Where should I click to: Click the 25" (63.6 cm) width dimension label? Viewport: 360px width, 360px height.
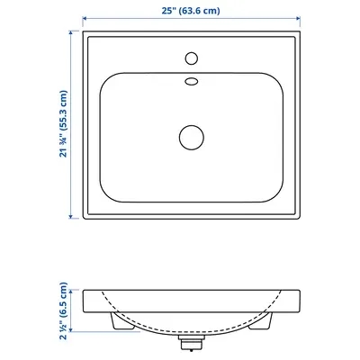(191, 11)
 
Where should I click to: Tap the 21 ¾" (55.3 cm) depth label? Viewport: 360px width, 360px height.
(64, 123)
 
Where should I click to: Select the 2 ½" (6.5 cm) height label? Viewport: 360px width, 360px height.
(64, 310)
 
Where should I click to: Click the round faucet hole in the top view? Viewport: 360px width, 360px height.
(192, 58)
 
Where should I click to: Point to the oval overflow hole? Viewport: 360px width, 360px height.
(192, 81)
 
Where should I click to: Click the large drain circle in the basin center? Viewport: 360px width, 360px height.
(192, 138)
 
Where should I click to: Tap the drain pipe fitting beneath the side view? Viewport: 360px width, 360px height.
(192, 343)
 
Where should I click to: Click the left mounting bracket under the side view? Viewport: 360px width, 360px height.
(122, 321)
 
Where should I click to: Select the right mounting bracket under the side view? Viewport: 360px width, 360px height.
(261, 321)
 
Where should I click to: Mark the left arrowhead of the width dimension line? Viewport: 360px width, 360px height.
(85, 19)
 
